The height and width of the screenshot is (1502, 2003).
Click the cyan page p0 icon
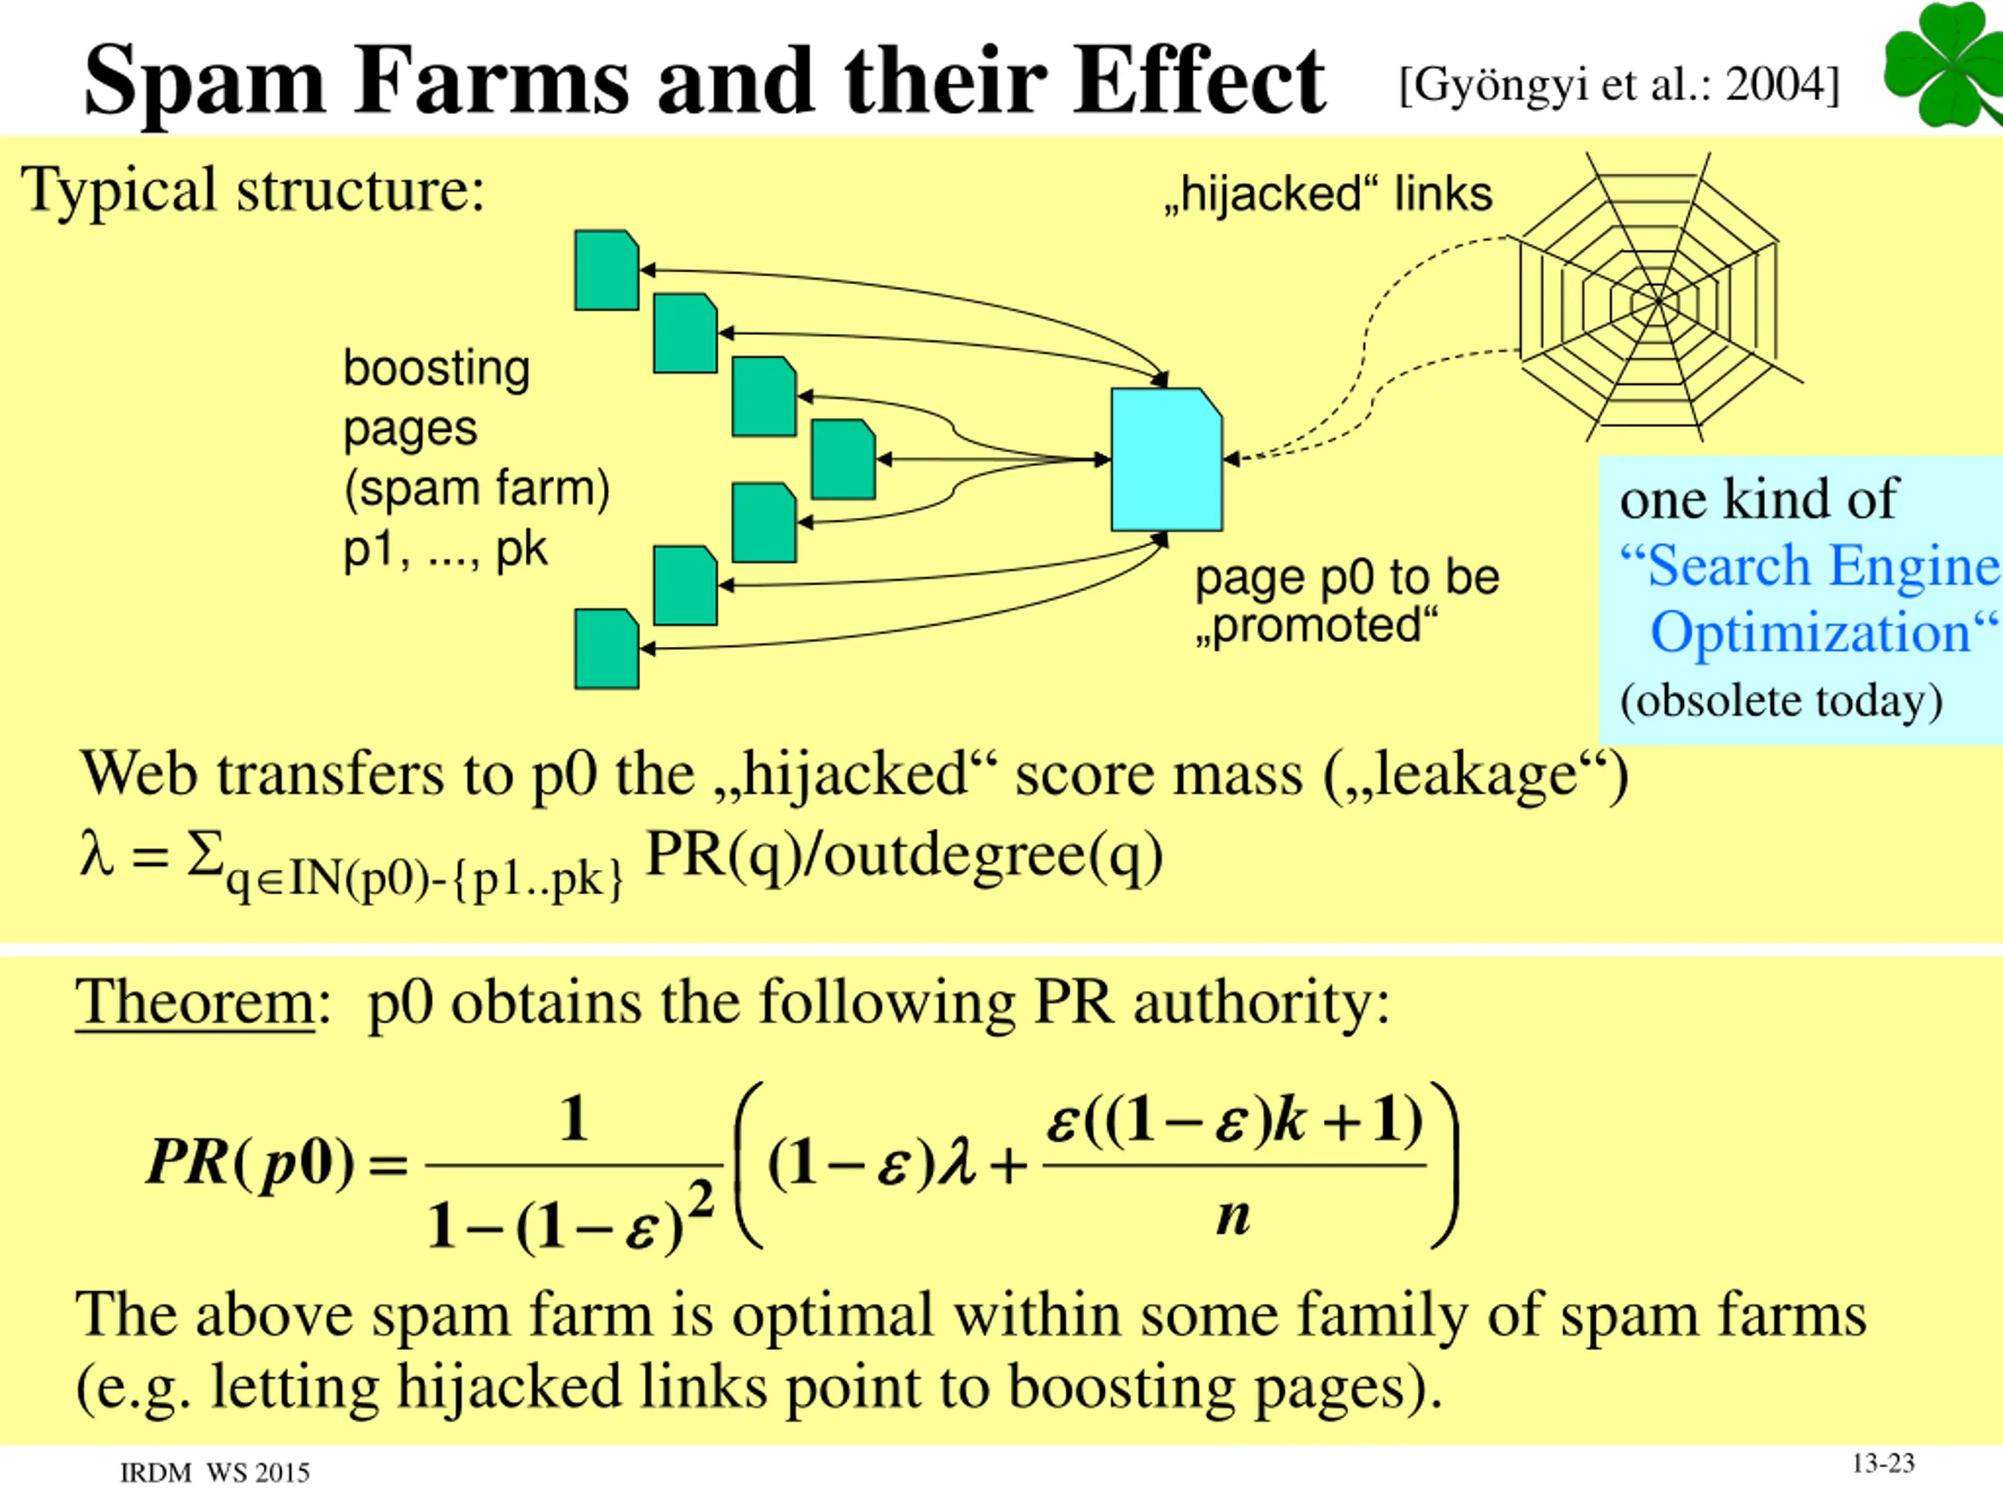tap(1167, 459)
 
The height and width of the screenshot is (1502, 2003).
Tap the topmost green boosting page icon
tap(606, 270)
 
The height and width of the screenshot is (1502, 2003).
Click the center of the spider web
tap(1657, 300)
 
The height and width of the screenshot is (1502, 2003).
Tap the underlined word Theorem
tap(195, 1002)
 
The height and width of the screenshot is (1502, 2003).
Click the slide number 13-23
tap(1883, 1463)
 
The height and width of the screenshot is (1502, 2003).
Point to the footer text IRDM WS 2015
tap(214, 1473)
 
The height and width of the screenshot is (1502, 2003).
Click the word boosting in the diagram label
tap(437, 368)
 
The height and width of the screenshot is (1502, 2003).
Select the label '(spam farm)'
tap(476, 488)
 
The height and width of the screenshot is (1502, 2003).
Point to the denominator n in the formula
tap(1232, 1216)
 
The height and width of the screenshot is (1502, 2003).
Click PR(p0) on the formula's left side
tap(250, 1161)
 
